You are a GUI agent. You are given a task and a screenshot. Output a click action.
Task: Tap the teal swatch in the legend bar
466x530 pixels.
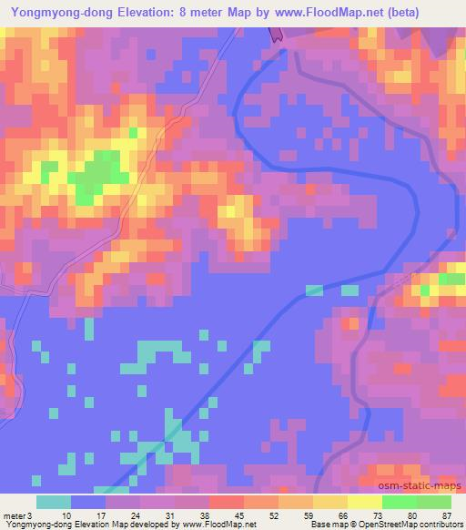[x=54, y=502]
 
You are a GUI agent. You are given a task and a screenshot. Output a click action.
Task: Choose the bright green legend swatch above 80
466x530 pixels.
[x=400, y=502]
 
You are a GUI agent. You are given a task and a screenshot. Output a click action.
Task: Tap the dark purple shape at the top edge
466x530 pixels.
[x=276, y=34]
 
